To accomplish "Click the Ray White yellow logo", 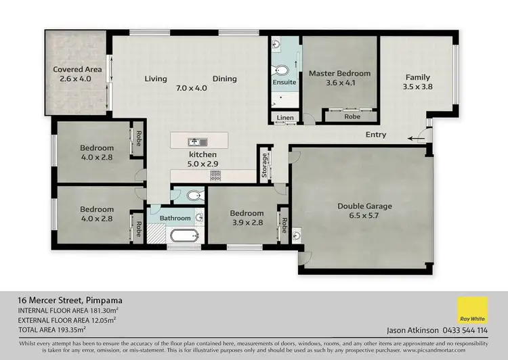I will point(472,312).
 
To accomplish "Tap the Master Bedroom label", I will point(339,73).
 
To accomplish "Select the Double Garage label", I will point(365,206).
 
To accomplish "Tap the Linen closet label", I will point(285,118).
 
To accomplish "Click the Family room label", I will point(418,77).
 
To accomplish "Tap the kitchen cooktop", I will point(215,175).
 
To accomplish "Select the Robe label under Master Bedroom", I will point(351,116).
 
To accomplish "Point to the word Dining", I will point(225,79).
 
